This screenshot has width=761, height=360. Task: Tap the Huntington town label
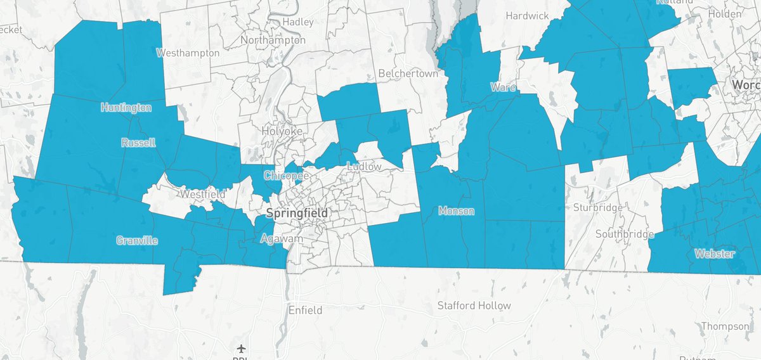[x=126, y=108]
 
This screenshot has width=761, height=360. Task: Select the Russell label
[x=138, y=143]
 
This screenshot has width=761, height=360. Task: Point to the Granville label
[x=137, y=240]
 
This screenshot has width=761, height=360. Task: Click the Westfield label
[x=202, y=194]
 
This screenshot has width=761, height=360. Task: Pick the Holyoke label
[x=280, y=131]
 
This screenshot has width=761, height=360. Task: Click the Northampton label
[x=273, y=40]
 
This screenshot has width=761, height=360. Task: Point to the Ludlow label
[x=365, y=167]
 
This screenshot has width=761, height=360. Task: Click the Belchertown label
[x=408, y=74]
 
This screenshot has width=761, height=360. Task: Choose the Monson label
[x=456, y=211]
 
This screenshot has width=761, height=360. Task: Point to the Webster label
[x=714, y=254]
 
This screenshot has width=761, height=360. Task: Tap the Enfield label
[x=305, y=311]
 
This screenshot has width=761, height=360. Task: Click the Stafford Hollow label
[x=474, y=305]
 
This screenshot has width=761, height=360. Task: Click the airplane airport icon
[x=241, y=349]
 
